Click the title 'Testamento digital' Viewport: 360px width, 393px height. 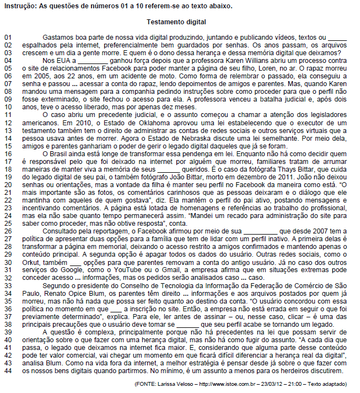[x=176, y=22]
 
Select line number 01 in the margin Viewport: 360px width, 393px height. [x=8, y=36]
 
